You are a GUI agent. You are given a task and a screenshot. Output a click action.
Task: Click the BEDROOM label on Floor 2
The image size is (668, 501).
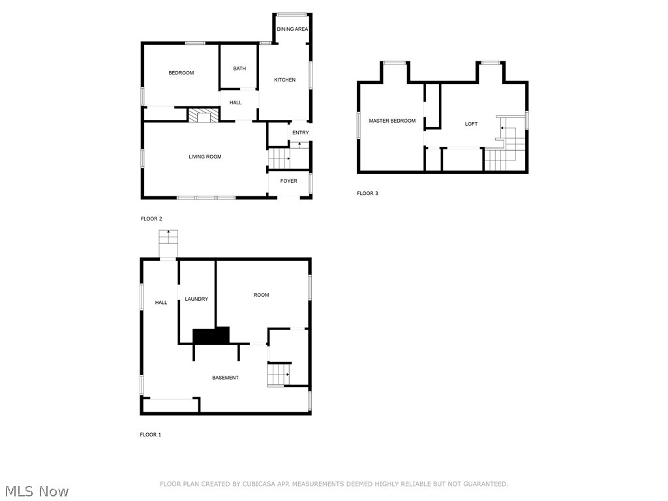[181, 73]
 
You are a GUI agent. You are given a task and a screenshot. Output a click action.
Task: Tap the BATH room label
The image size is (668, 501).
[239, 68]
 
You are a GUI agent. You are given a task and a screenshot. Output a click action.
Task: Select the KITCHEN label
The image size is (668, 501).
[284, 80]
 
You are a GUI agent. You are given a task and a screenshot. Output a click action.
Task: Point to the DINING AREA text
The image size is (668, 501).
[292, 29]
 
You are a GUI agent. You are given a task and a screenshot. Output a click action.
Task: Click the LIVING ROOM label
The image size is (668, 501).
[205, 157]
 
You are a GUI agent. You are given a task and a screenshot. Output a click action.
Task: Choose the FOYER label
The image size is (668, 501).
[288, 181]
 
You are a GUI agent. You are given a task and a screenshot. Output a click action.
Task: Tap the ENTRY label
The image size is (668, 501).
[300, 133]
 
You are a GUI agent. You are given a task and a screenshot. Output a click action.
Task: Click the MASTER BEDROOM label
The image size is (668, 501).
[392, 121]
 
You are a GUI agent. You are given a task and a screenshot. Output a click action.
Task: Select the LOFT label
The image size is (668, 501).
[471, 124]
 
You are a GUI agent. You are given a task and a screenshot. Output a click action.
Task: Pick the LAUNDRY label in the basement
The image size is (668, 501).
[196, 299]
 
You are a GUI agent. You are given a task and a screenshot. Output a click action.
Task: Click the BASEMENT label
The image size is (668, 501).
[225, 378]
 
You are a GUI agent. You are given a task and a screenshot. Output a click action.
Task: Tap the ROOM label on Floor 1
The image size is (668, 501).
[261, 295]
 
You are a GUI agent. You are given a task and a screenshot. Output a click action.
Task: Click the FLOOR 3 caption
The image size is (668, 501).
[367, 193]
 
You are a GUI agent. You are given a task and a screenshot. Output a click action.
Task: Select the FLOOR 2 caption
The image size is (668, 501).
[151, 219]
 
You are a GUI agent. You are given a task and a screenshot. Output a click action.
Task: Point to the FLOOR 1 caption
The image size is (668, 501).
[151, 434]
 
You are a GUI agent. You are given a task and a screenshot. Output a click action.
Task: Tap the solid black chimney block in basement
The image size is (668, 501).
[211, 335]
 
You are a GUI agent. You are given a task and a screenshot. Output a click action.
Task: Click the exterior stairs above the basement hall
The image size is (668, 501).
[168, 244]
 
